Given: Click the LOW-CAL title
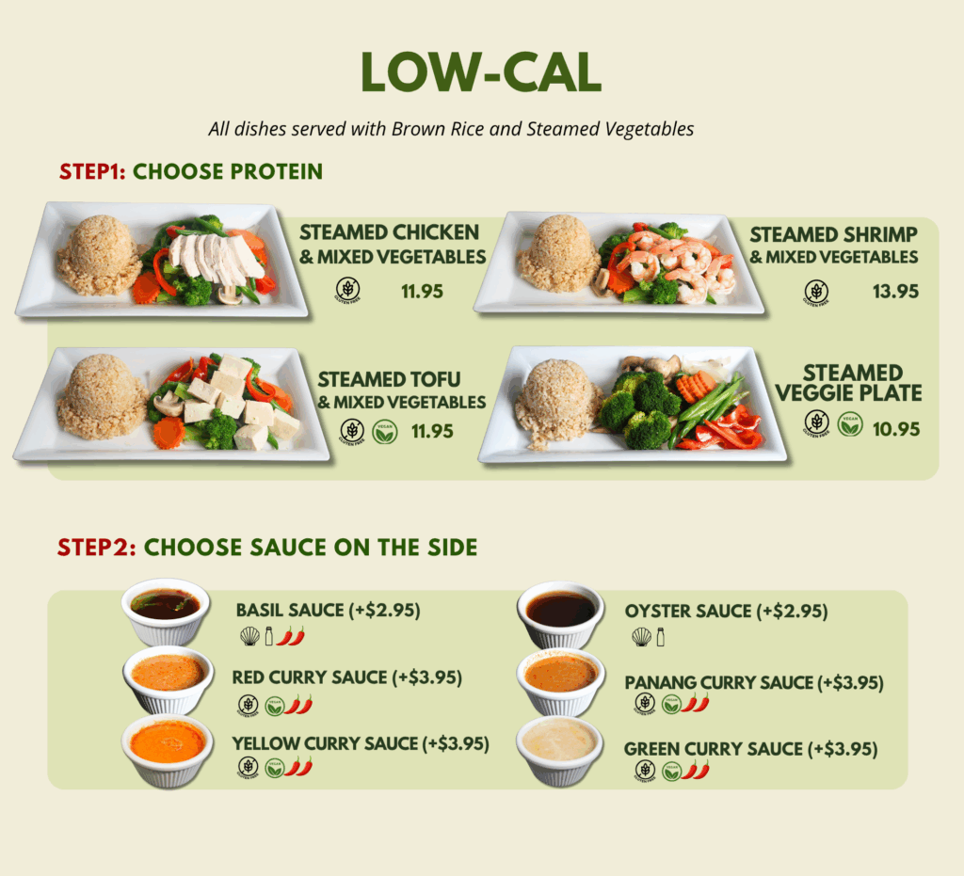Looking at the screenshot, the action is click(x=481, y=72).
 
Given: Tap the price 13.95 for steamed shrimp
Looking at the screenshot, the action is click(x=896, y=291).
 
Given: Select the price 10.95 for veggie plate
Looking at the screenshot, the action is click(x=896, y=429).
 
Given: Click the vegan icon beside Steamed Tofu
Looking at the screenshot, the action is click(x=385, y=432).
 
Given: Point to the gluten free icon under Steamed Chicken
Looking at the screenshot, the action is click(x=348, y=290).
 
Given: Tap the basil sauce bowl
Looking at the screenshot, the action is click(x=167, y=611).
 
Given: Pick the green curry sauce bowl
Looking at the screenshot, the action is click(x=559, y=750).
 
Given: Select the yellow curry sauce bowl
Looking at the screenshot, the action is click(x=168, y=750).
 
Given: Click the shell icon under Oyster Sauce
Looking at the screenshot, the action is click(x=641, y=637).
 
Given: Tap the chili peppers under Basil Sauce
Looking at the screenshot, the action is click(x=290, y=636).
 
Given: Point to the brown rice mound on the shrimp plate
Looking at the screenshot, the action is click(x=558, y=254).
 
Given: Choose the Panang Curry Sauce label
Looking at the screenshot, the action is click(x=754, y=682).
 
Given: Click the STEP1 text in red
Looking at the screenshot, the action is click(x=92, y=171).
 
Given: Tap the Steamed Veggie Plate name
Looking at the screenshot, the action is click(x=848, y=383).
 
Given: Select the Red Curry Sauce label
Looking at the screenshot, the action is click(x=346, y=677).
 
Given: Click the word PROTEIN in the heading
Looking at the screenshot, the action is click(x=275, y=171).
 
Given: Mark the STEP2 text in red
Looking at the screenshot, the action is click(x=97, y=548).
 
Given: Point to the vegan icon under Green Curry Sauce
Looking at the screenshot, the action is click(x=671, y=771).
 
